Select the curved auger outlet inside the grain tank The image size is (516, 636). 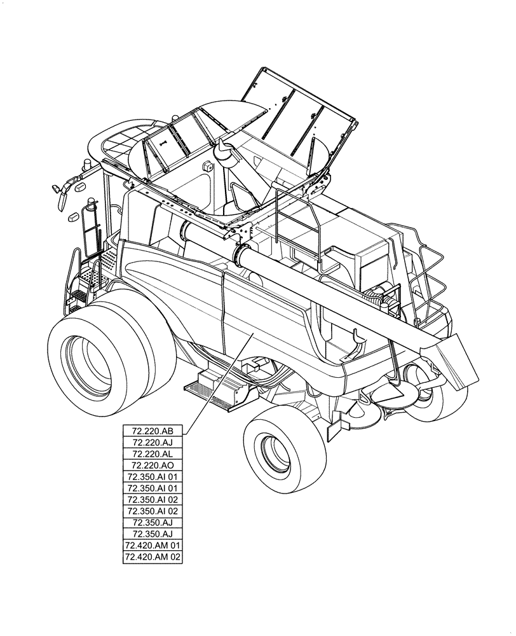[x=224, y=153]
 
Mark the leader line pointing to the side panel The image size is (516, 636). [x=219, y=382]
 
